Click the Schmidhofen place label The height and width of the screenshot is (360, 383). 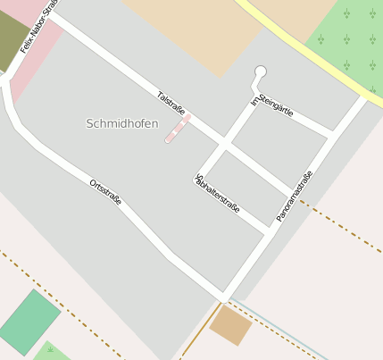[122, 123]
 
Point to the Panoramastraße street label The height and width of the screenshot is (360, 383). [295, 196]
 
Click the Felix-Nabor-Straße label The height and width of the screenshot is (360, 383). [37, 27]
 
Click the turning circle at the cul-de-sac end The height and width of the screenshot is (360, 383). [261, 71]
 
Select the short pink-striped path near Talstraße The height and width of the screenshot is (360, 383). [178, 129]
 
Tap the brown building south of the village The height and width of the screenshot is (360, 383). [230, 325]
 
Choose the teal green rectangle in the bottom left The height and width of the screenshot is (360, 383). [29, 322]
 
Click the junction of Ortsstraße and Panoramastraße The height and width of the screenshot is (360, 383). [223, 296]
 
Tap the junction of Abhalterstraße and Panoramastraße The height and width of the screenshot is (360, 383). [268, 231]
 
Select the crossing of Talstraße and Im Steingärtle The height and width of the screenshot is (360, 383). [225, 141]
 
